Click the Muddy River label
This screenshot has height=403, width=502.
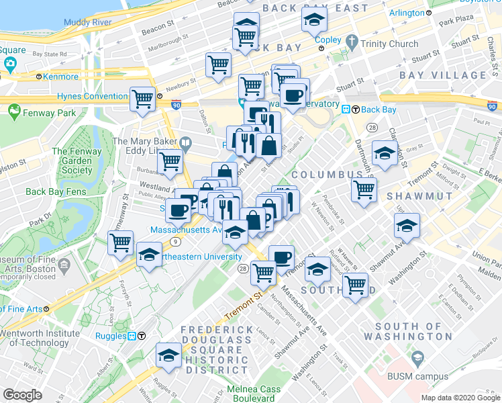click(x=87, y=22)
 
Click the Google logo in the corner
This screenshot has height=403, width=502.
click(x=22, y=395)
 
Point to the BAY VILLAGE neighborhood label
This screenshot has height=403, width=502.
click(x=443, y=75)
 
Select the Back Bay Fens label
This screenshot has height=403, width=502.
click(x=56, y=192)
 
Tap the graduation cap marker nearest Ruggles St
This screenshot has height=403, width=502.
click(x=168, y=356)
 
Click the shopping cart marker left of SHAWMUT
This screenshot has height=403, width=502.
click(x=364, y=189)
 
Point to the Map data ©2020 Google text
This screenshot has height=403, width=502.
click(x=460, y=398)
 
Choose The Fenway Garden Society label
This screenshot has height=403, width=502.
click(x=77, y=161)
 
